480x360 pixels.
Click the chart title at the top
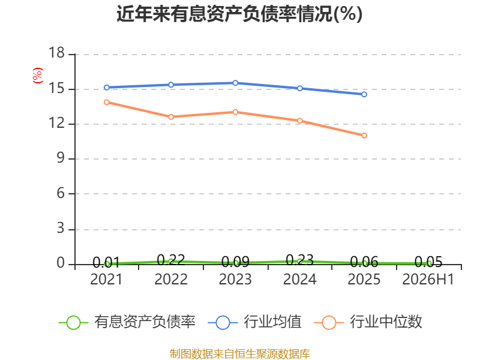tap(239, 14)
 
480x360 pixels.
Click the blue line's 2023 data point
tap(235, 83)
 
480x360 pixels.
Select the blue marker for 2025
tap(364, 94)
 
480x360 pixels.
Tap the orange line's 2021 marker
tap(107, 102)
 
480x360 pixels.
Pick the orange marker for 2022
tap(171, 117)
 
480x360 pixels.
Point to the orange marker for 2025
tap(364, 136)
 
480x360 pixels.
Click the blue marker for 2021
tap(107, 88)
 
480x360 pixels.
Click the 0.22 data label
tap(171, 260)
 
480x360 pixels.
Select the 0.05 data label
tap(428, 262)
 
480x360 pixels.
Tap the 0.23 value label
tap(299, 260)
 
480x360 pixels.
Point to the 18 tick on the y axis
tap(56, 53)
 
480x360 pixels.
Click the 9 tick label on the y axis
tap(61, 158)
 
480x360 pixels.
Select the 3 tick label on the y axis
tap(61, 228)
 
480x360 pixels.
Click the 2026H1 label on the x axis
tap(428, 280)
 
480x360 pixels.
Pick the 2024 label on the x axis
tap(299, 280)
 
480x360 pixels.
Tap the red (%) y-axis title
tap(38, 76)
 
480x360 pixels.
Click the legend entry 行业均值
tap(254, 322)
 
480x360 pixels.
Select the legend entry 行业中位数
tap(368, 322)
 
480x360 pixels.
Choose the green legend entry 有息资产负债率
tap(127, 322)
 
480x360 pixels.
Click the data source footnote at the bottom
tap(240, 354)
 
